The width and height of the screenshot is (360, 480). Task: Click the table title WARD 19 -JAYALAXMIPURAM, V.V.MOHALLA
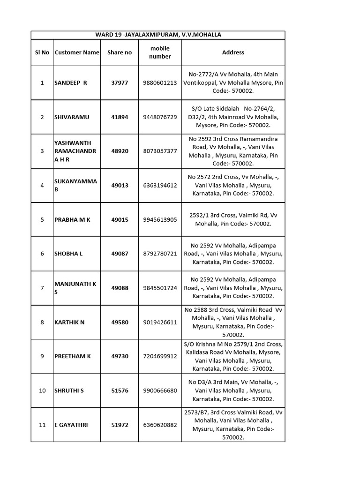point(158,35)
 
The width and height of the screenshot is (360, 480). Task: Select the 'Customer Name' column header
point(77,52)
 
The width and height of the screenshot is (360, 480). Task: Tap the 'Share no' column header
point(120,52)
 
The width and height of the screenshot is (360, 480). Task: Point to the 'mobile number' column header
point(160,52)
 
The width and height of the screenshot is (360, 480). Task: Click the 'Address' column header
point(233,52)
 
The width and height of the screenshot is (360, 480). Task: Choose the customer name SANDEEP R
point(71,82)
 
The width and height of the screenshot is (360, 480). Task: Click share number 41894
point(120,117)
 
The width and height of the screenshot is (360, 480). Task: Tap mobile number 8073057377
point(160,151)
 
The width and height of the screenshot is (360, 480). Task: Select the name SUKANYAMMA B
point(75,185)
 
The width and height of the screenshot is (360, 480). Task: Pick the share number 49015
point(120,219)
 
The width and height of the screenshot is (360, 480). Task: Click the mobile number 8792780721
point(160,254)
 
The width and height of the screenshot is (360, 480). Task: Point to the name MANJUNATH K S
point(75,288)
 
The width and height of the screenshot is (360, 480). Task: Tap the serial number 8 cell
point(42,322)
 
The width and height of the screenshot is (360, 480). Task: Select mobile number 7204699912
point(160,356)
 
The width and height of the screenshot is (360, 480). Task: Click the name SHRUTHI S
point(69,390)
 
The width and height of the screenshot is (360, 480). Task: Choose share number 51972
point(120,425)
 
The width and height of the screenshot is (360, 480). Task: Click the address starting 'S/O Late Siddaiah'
point(233,117)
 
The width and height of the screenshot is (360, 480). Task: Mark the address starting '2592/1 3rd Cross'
point(233,219)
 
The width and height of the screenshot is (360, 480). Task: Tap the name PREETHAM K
point(73,356)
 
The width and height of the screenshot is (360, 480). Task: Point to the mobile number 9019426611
point(160,322)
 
